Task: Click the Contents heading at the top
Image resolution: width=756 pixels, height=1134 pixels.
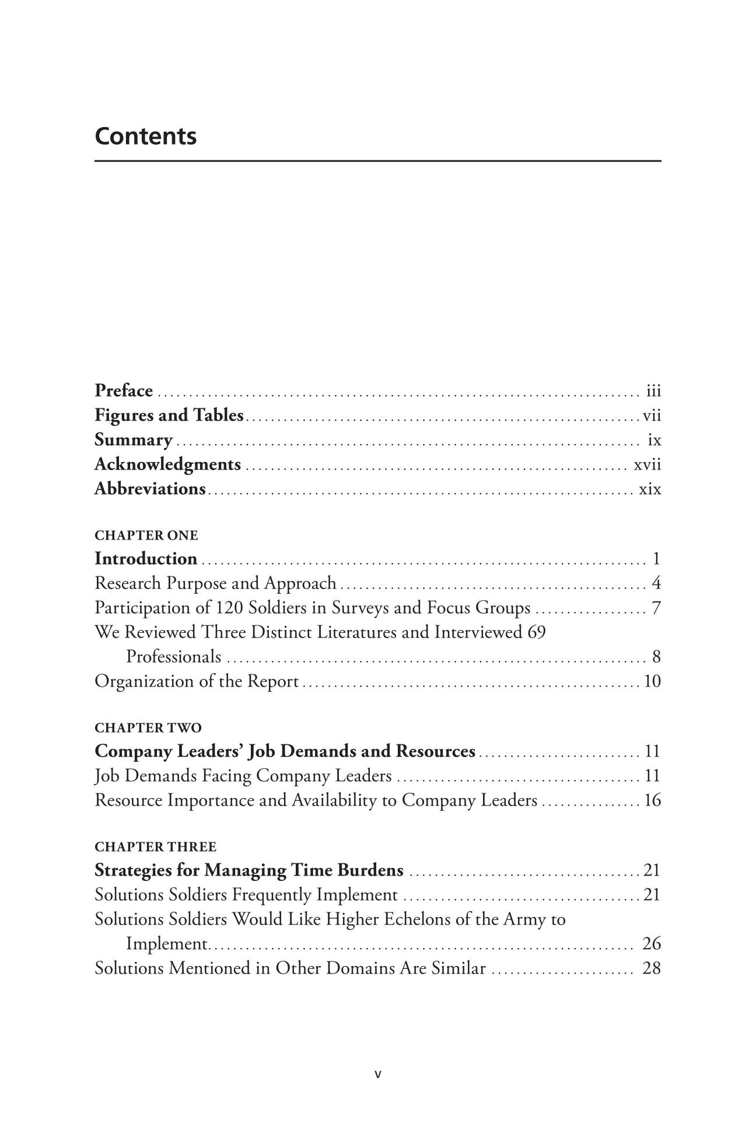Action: pos(146,136)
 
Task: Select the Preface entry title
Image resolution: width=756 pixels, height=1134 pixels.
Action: pos(124,390)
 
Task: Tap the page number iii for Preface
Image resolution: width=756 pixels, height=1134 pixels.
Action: pos(653,391)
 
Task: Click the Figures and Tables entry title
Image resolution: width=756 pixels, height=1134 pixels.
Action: pos(169,415)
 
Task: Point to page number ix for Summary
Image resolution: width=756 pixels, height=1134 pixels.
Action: pos(654,440)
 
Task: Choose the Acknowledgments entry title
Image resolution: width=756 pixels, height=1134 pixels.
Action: pos(167,464)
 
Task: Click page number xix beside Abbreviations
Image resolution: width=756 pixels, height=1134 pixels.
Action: pos(650,489)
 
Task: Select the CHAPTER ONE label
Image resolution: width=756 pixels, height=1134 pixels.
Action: pos(146,535)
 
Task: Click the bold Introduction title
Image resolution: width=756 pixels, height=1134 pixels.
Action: pos(146,559)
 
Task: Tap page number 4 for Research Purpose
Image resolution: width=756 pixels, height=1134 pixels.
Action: pos(656,583)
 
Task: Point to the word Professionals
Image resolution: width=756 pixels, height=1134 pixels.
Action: pos(174,657)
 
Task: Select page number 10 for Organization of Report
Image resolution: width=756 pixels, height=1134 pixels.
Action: pos(652,681)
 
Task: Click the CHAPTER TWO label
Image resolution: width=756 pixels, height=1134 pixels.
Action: pos(148,727)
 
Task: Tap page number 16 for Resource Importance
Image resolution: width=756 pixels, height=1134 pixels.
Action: pos(652,800)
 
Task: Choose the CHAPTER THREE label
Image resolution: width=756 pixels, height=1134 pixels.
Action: pos(155,846)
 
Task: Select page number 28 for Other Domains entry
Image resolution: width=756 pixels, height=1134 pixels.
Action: pos(651,968)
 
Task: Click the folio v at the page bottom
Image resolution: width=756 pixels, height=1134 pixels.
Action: pos(377,1073)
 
